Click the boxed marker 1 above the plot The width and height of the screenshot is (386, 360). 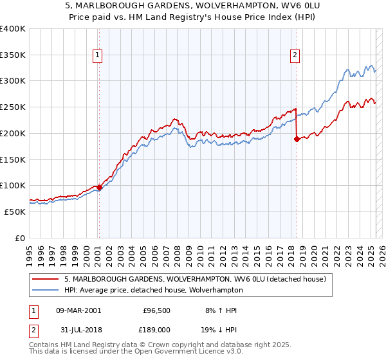click(x=98, y=56)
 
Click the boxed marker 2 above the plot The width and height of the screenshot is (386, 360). click(x=295, y=56)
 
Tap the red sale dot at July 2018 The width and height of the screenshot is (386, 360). click(x=297, y=139)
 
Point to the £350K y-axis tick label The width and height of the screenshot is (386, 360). click(x=13, y=55)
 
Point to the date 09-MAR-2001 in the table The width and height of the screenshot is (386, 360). click(x=78, y=310)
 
